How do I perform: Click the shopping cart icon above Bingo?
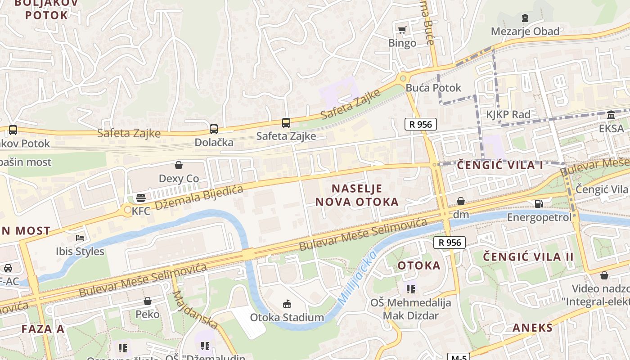point(402,30)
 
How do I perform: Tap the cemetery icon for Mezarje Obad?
point(525,18)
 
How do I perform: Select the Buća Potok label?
point(433,88)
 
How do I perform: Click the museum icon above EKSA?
point(611,115)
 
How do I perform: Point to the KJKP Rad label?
point(508,114)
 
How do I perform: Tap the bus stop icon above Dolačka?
point(214,129)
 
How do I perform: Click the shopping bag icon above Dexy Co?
point(179,165)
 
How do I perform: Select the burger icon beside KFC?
point(141,198)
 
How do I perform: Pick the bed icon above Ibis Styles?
point(80,238)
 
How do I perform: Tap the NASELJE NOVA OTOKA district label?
point(357,195)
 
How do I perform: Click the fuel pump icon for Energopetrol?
point(539,204)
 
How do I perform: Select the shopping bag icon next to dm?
point(461,201)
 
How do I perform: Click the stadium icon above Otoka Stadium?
point(287,304)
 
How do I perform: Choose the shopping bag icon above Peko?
point(148,301)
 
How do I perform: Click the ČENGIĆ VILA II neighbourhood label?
point(528,257)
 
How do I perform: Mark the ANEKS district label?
point(532,328)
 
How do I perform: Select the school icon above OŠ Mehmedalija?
point(410,289)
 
